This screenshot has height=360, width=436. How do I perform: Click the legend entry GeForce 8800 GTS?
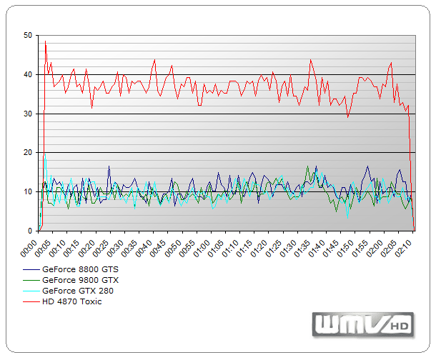coord(80,269)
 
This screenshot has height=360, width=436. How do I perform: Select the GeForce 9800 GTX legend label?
coord(80,280)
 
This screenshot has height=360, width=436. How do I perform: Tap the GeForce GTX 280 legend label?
coord(77,291)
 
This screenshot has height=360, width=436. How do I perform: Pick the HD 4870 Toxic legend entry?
coord(71,301)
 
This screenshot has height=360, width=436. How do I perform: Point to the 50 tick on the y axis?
coord(27,35)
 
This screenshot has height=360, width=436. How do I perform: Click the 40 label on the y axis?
coord(27,74)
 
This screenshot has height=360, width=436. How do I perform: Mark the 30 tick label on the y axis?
coord(27,114)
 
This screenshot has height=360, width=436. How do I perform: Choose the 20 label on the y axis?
coord(27,153)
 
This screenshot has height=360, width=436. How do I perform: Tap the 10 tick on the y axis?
coord(27,192)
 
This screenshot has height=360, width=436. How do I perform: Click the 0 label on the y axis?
coord(29,231)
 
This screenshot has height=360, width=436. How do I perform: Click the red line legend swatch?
coord(31,301)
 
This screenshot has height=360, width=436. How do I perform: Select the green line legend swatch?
coord(31,280)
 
